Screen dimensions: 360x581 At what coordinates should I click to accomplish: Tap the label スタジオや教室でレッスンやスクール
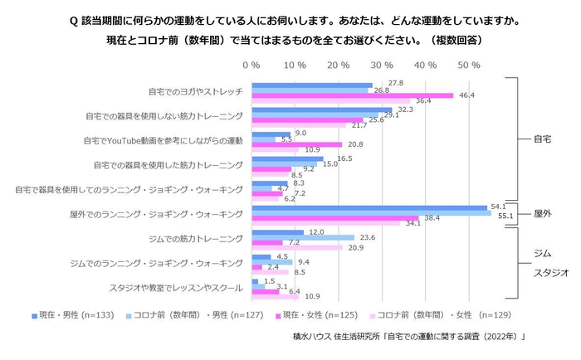(176, 289)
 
